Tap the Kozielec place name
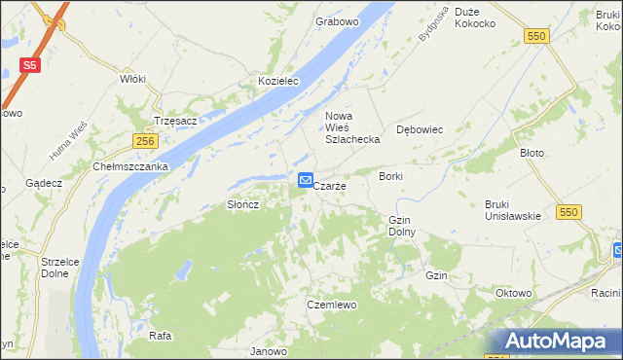pos(277,81)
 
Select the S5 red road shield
pos(30,66)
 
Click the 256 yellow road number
pos(146,141)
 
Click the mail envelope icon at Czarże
pos(305,180)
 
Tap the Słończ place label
pos(242,205)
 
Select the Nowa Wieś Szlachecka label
pos(351,128)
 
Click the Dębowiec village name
pos(421,128)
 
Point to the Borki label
pos(391,176)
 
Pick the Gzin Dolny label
pos(402,226)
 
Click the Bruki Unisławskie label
pos(512,209)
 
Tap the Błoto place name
pos(531,153)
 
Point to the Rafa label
pos(161,336)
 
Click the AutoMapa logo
pos(559,341)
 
